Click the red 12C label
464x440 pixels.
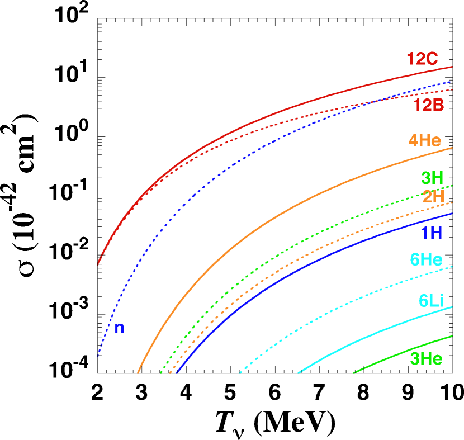click(422, 59)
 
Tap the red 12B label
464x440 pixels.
click(428, 105)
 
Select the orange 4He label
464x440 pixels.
click(424, 140)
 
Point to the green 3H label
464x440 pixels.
click(432, 178)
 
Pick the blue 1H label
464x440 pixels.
click(431, 233)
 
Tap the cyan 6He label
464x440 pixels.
click(426, 260)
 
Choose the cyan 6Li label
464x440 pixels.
click(430, 301)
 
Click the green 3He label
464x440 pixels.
click(426, 359)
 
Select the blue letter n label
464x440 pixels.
click(119, 329)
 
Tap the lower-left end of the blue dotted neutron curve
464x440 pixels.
click(98, 356)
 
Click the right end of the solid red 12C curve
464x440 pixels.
click(452, 67)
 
